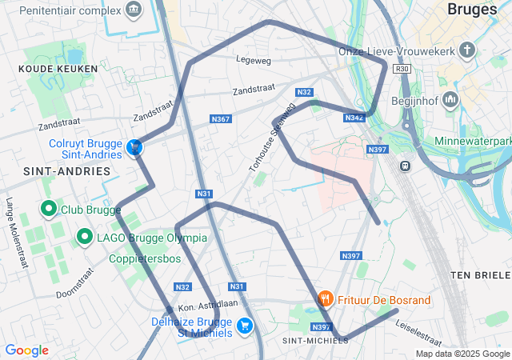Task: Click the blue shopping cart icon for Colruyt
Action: [135, 147]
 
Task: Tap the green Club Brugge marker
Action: [47, 210]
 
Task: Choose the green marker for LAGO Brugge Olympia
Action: [84, 237]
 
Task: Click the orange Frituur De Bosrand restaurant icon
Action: [325, 300]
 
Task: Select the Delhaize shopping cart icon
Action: [245, 326]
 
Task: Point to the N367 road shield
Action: [221, 119]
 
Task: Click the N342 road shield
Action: [354, 118]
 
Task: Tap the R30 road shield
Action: [403, 70]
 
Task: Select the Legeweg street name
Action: [254, 59]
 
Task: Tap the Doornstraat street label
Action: [75, 283]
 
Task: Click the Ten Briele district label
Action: [480, 274]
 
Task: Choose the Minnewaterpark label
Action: [473, 142]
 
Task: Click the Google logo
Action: [26, 350]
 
